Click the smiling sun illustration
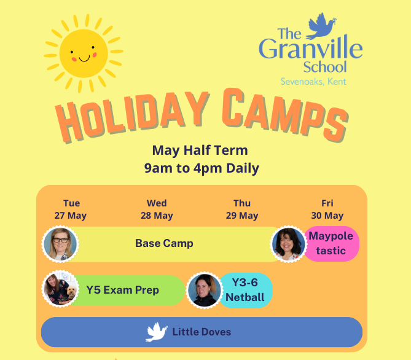point(84,53)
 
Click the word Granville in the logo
point(311,47)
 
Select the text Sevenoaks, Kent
point(313,82)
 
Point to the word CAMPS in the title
point(285,115)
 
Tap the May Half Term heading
point(200,151)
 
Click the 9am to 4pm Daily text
point(202,168)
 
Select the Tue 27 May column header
point(71,209)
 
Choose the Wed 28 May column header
point(157,209)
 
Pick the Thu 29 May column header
point(242,209)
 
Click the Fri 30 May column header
point(327,209)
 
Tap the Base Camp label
point(164,243)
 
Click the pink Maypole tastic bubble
point(331,243)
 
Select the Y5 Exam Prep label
point(122,290)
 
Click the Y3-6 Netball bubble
point(245,290)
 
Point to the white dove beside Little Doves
point(156,332)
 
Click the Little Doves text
point(202,332)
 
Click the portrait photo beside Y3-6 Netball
point(204,290)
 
